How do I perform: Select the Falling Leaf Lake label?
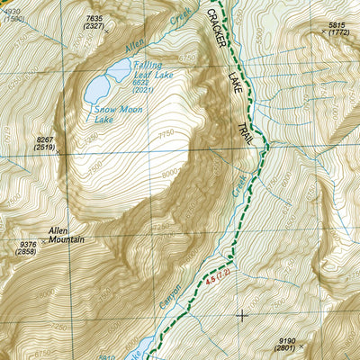(155, 69)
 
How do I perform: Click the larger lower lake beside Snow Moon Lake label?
(99, 87)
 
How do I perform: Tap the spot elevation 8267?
(46, 139)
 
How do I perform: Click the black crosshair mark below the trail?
(241, 315)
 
